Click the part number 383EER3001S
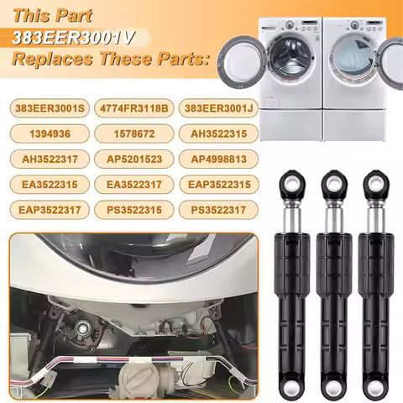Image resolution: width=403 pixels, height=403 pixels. pos(50,108)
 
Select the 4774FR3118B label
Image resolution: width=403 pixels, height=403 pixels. pos(134,108)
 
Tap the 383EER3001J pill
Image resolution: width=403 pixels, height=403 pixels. pos(218,108)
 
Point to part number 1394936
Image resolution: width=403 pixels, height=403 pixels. pos(50,133)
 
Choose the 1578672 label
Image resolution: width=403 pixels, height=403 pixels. pos(134,133)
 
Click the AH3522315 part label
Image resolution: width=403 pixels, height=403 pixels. pos(218,133)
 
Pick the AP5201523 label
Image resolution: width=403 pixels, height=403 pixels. pos(134,160)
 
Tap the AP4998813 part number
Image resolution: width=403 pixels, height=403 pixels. pos(218,160)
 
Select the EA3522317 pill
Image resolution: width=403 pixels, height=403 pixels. pos(134,185)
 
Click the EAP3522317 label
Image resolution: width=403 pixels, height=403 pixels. pos(50,210)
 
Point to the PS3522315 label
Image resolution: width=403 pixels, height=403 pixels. pos(134,210)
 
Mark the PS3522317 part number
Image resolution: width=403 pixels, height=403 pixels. pos(218,210)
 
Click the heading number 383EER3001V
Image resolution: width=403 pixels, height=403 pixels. pos(73,38)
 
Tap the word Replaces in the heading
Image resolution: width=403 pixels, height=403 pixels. pos(53,59)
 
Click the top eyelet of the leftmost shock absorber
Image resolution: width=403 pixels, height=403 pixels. pos(292,184)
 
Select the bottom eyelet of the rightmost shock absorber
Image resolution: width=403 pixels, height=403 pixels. pos(375,387)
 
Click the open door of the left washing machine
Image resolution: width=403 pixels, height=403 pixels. pos(241,65)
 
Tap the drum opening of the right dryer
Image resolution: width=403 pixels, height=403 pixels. pos(353,60)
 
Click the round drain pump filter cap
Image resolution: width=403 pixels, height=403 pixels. pos(137,380)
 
